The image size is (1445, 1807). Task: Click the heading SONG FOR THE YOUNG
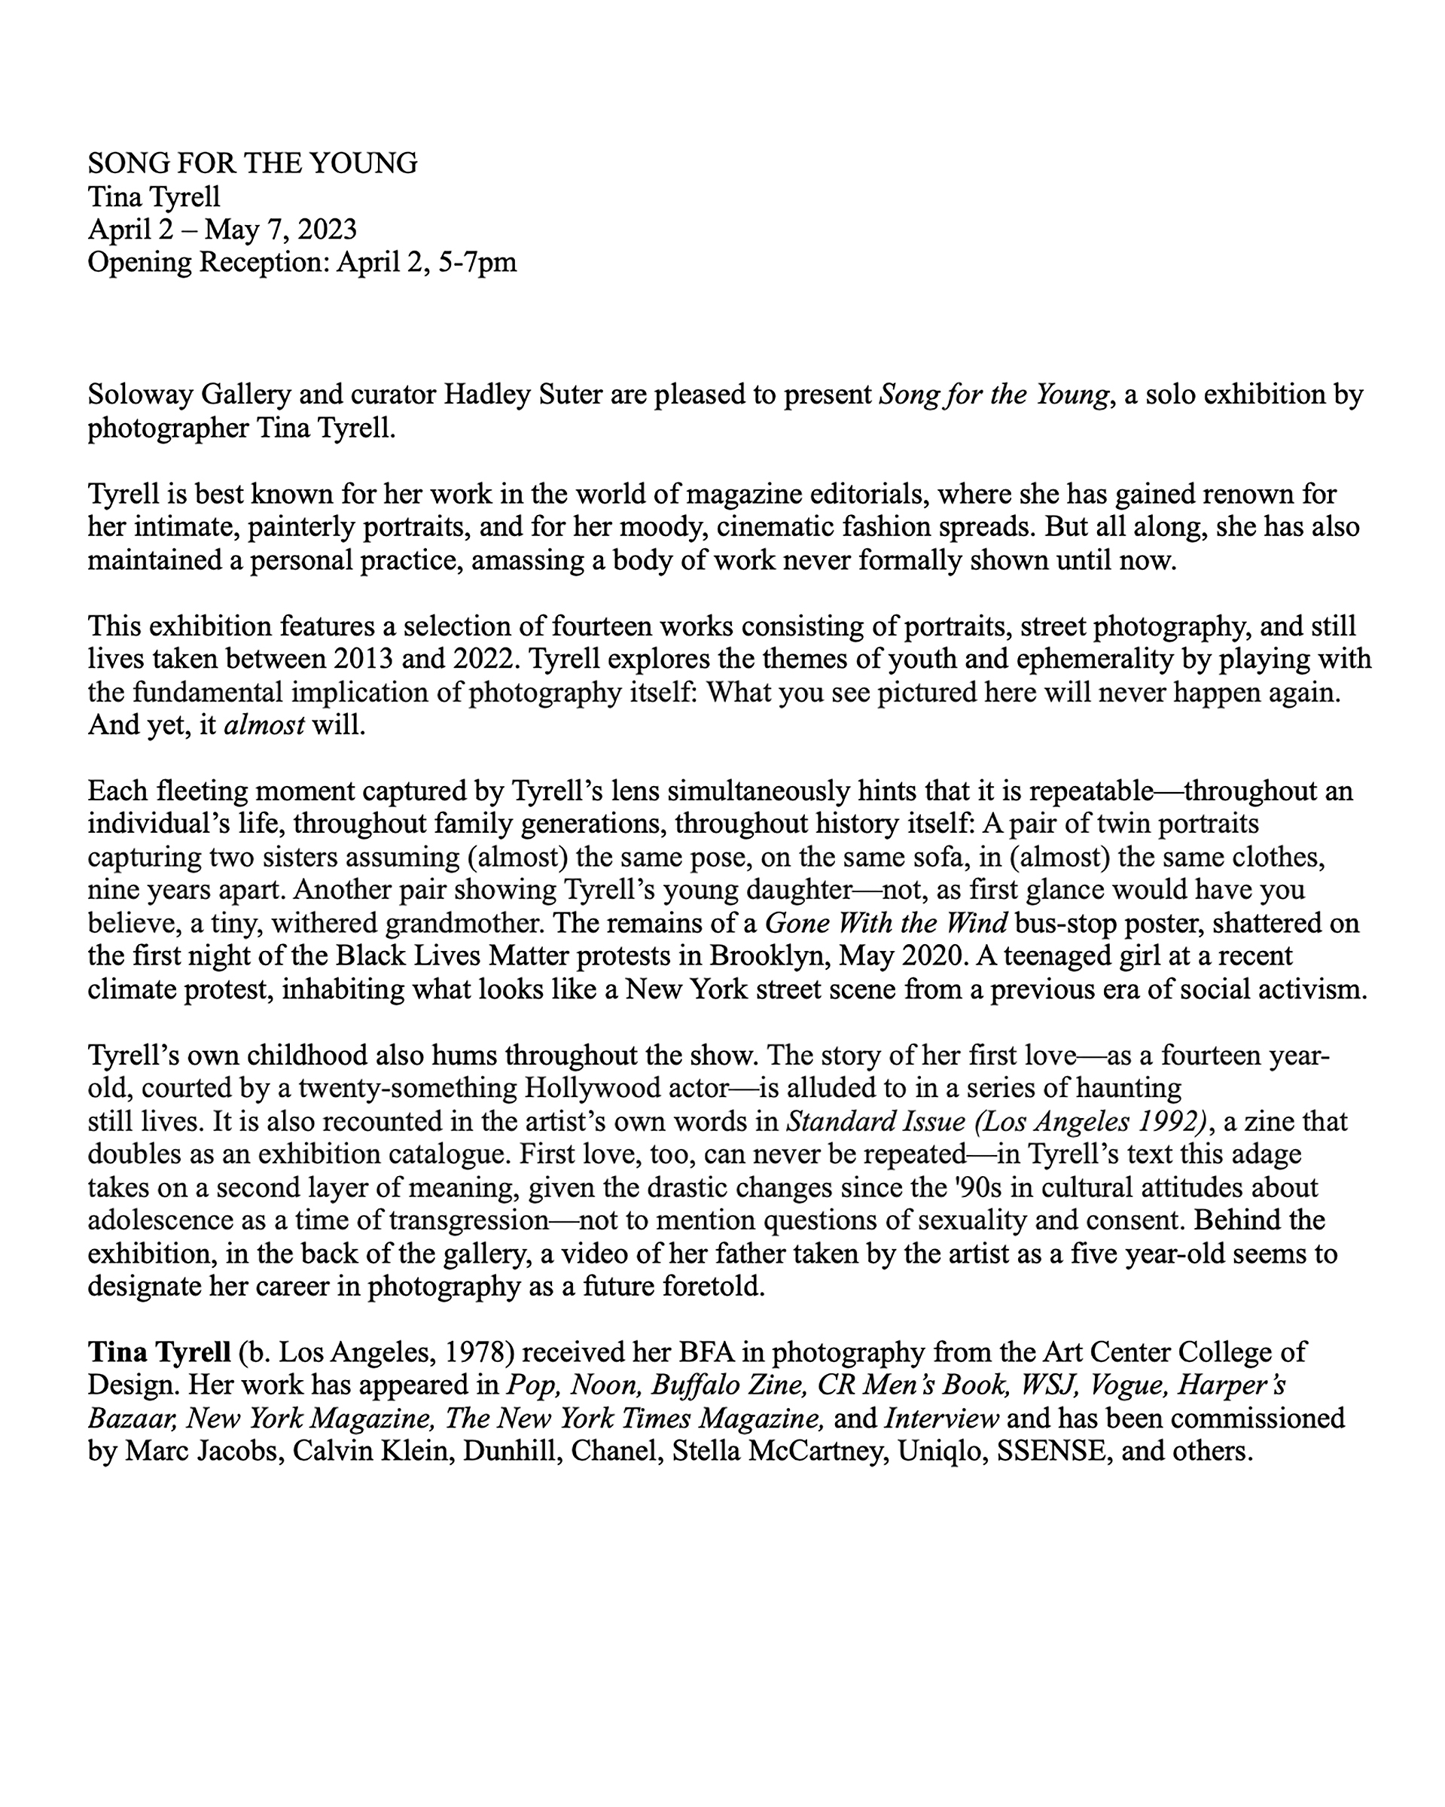252,163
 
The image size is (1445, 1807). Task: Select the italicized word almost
264,726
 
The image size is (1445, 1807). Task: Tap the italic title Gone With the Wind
887,924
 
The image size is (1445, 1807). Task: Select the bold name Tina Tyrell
158,1353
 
